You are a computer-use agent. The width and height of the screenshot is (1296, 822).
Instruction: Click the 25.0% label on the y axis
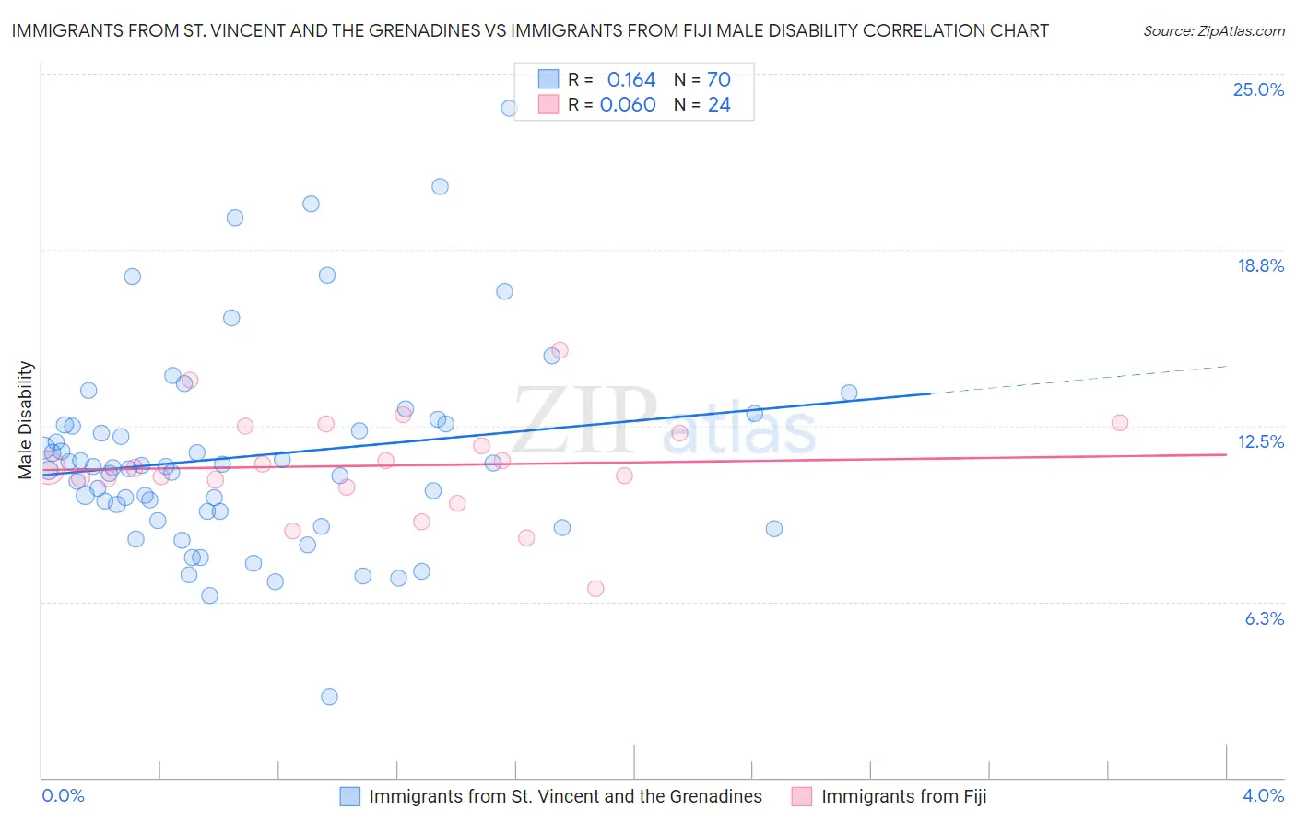point(1257,89)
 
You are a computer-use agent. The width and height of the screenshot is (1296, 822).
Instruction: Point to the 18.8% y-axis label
point(1259,265)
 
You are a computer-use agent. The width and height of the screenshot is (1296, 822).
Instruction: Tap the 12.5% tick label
point(1260,441)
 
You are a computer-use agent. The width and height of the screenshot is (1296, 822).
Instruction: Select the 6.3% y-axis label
point(1264,618)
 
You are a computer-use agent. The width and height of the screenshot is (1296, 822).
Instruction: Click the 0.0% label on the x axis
point(63,795)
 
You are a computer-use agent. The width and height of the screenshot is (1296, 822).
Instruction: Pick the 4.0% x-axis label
point(1263,795)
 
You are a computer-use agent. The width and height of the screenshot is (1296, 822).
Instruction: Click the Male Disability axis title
point(26,419)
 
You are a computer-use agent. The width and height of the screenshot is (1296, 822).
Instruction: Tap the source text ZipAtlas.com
point(1213,30)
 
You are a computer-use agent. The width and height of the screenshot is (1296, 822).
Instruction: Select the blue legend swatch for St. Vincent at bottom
point(349,796)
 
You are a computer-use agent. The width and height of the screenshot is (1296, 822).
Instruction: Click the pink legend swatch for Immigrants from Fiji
point(802,796)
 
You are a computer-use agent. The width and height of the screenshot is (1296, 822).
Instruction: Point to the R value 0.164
point(630,79)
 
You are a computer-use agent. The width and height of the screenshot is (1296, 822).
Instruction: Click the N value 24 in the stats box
point(719,104)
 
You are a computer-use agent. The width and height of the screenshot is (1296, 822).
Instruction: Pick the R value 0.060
point(628,104)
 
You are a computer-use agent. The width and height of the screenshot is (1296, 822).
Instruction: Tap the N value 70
point(719,79)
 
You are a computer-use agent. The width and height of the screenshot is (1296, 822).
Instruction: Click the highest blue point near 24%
point(509,108)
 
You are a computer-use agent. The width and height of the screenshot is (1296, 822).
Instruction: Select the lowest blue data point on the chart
point(329,697)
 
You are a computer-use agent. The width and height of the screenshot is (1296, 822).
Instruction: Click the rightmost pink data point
point(1119,423)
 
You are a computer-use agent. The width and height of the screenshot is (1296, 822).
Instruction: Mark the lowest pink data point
point(595,588)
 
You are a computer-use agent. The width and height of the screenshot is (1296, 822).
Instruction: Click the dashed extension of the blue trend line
point(1078,380)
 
